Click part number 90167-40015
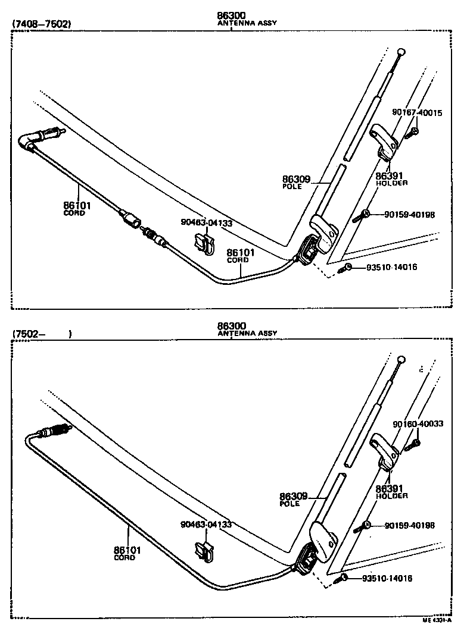(x=416, y=112)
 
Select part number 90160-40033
(x=418, y=423)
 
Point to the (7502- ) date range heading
(x=42, y=334)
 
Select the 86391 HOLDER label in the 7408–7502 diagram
(x=391, y=178)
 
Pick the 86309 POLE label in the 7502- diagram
(x=294, y=498)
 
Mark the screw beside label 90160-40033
(x=413, y=444)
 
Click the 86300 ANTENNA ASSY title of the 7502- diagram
(x=247, y=329)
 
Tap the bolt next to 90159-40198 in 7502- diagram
(x=362, y=526)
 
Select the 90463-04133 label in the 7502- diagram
(x=206, y=525)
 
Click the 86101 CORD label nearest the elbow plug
(x=77, y=208)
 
